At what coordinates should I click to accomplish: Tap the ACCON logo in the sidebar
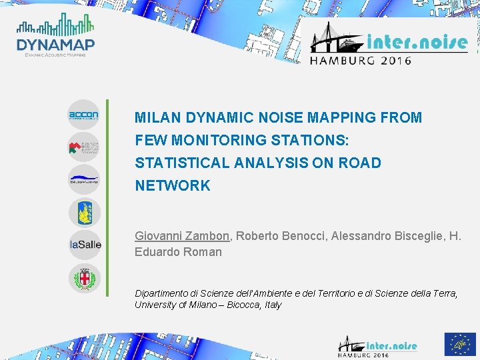[x=83, y=115]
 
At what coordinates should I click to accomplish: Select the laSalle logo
[x=85, y=245]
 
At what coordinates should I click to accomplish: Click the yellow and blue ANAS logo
[x=84, y=213]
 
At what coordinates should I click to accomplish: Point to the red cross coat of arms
[x=84, y=277]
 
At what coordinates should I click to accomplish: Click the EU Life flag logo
[x=459, y=344]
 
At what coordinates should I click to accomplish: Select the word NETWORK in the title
[x=172, y=186]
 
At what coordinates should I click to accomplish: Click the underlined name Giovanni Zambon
[x=182, y=236]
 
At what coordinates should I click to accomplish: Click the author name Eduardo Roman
[x=178, y=252]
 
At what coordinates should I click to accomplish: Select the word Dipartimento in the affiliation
[x=162, y=293]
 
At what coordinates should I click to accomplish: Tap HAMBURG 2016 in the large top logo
[x=360, y=59]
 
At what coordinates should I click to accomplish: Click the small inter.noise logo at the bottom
[x=377, y=345]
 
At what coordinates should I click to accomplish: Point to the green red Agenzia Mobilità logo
[x=83, y=147]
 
